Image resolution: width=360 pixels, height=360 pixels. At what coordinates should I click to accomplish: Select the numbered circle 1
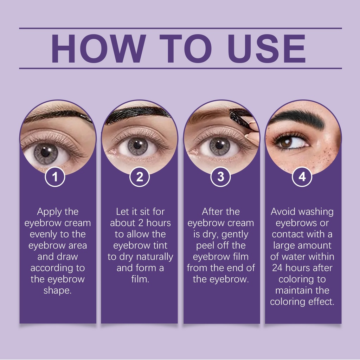click(55, 177)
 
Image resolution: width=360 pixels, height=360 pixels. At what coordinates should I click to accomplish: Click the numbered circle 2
click(140, 177)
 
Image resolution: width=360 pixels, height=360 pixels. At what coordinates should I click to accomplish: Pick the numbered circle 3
click(221, 177)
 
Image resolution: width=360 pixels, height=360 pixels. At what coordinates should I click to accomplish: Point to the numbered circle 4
click(302, 177)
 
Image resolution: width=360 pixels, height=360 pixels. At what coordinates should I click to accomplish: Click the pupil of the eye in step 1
click(45, 153)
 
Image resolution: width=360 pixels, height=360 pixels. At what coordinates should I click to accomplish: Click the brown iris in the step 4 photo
click(286, 143)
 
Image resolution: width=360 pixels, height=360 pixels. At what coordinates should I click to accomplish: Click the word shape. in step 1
click(58, 291)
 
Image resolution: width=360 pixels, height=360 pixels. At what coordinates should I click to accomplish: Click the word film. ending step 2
click(140, 279)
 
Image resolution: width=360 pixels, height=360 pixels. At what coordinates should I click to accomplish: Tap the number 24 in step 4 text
click(277, 268)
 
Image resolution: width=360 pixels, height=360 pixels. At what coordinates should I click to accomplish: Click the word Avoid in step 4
click(282, 212)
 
